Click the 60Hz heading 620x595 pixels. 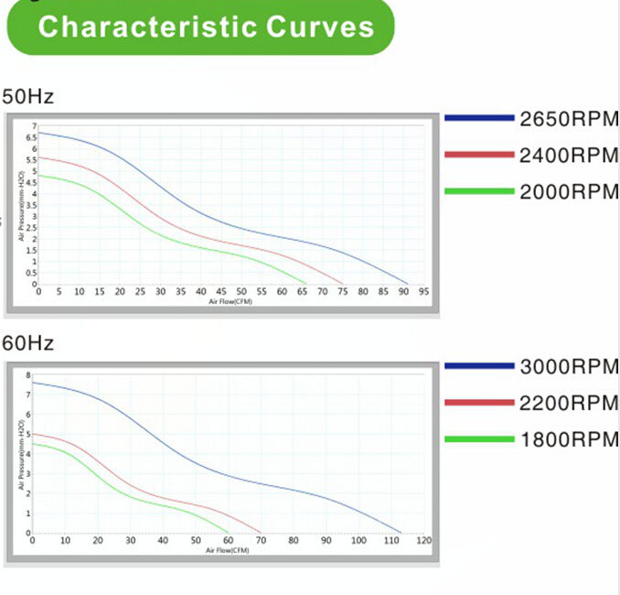tap(27, 344)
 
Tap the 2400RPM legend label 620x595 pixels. tap(569, 156)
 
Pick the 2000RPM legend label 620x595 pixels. tap(569, 192)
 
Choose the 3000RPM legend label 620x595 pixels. tap(569, 367)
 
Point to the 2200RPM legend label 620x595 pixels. tap(569, 403)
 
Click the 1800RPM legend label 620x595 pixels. tap(569, 438)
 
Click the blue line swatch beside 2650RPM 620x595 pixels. tap(479, 118)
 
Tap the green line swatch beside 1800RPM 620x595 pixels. tap(479, 438)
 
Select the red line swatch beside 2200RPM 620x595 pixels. tap(479, 402)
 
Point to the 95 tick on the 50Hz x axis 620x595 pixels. tap(423, 292)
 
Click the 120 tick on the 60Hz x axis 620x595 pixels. tap(423, 541)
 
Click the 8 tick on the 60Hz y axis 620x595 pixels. tap(29, 376)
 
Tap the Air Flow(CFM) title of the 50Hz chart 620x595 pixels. tap(230, 301)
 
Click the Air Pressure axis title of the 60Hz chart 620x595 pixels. tap(20, 455)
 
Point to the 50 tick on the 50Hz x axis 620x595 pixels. tap(241, 292)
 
